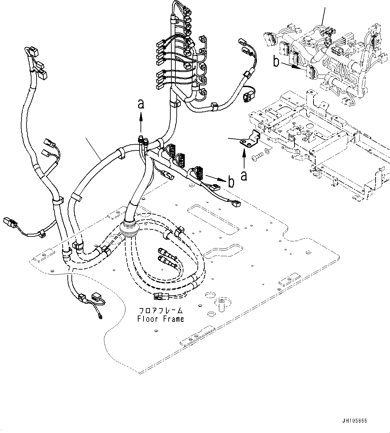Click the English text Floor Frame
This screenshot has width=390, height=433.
160,319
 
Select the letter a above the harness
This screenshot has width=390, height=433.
141,104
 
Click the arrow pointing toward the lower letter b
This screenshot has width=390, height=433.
215,177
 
